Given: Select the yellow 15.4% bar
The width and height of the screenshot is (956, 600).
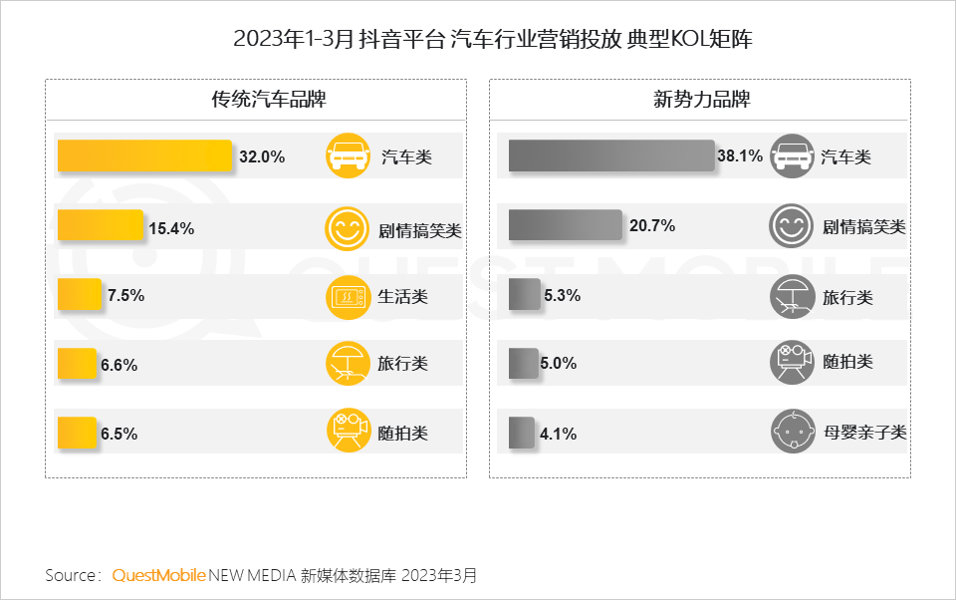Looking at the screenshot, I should point(101,226).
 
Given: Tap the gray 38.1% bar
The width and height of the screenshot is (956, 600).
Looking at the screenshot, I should point(611,155).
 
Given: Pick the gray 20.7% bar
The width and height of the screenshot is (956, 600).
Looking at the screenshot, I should point(565,225).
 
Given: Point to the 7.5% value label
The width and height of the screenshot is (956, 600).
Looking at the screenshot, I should point(126,295).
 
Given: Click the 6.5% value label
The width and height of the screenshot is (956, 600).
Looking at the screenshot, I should point(119,434).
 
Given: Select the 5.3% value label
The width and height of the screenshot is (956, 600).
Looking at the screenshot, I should point(563,295).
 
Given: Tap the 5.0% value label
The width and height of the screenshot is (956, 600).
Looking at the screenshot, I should point(559,364).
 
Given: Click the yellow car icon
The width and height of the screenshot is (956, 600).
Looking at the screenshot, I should point(348,156).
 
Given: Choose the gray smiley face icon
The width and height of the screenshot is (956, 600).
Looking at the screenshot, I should point(792,226).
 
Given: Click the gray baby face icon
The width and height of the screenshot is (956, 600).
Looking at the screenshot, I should point(792,433).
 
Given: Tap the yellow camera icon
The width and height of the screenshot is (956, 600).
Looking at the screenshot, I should point(348,433).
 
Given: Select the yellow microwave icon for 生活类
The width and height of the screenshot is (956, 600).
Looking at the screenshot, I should point(348,296).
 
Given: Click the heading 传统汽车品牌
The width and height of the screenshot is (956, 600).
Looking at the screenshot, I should point(255,100).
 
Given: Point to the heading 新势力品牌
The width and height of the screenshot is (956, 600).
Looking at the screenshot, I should point(701,100).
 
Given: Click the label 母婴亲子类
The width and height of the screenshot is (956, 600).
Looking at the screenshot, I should point(864,433).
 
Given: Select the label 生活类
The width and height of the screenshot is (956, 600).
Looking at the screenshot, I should point(403,296).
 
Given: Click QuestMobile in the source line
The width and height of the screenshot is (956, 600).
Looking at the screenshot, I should point(159,576).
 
